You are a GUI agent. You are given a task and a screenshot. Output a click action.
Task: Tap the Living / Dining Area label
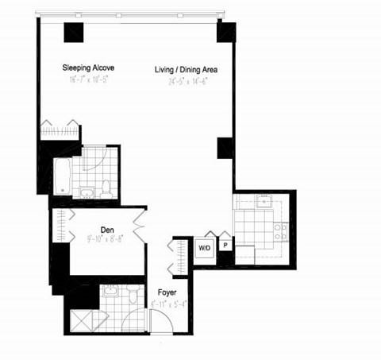(x=186, y=70)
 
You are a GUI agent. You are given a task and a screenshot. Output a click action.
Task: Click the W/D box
(x=204, y=247)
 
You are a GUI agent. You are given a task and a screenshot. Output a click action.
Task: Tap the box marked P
(x=225, y=247)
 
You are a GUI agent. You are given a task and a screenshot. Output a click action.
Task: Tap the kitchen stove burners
(x=280, y=231)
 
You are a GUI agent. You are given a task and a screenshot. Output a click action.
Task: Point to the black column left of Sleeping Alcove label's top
(x=74, y=33)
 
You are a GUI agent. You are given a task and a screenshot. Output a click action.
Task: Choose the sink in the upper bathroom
(x=86, y=191)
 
